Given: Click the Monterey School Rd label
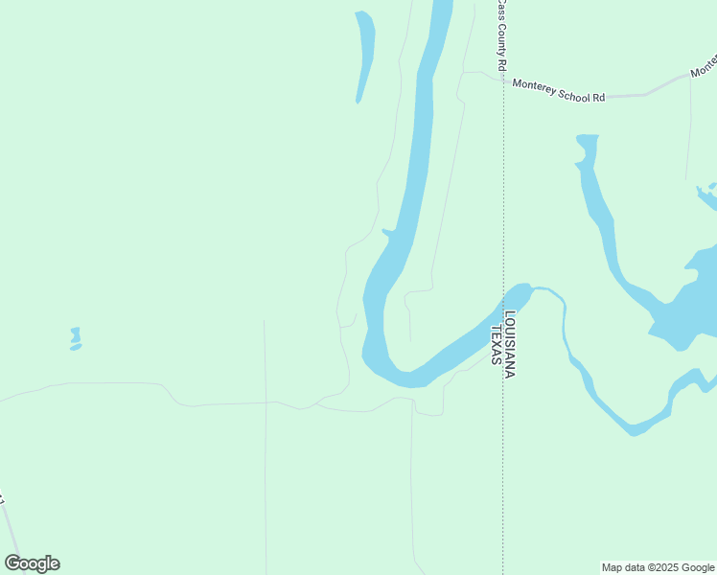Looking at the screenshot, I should [x=559, y=91].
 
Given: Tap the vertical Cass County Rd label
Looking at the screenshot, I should [x=500, y=34].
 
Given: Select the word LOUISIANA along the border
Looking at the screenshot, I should [x=510, y=344].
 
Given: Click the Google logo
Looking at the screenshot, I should [x=32, y=563].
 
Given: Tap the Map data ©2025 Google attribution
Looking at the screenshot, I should [x=659, y=567].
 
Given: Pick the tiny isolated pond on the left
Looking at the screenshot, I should [x=75, y=338].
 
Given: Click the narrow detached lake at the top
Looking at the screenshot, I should [x=364, y=53].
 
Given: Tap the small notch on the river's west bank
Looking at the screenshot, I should [x=386, y=231].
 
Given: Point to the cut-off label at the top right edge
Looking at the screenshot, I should [x=705, y=66].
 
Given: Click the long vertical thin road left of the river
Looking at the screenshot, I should [x=266, y=450].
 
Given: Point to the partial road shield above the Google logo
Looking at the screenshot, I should [x=2, y=501].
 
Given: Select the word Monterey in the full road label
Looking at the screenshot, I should [x=533, y=85].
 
